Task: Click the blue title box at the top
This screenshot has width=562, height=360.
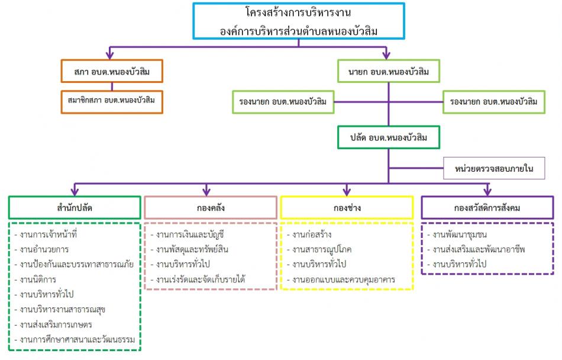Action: coord(299,21)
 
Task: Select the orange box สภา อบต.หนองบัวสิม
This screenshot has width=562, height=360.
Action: coord(112,71)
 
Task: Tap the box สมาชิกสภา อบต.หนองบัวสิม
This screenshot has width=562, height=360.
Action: coord(112,102)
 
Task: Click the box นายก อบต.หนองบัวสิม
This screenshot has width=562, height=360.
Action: coord(389,71)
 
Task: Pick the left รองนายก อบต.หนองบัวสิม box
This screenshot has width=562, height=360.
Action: coord(283,102)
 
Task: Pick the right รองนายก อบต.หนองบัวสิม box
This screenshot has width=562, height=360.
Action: coord(494,102)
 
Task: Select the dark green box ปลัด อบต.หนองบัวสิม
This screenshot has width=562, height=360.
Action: coord(389,137)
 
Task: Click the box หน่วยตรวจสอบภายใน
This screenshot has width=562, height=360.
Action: coord(494,168)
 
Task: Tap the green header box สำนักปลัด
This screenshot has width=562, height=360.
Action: coord(75,208)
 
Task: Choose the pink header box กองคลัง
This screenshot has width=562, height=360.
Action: coord(211,208)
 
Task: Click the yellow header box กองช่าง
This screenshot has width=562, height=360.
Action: coord(347,208)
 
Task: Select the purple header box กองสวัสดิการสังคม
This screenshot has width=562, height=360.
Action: coord(487,208)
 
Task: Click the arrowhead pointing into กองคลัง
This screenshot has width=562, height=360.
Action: coord(206,191)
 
